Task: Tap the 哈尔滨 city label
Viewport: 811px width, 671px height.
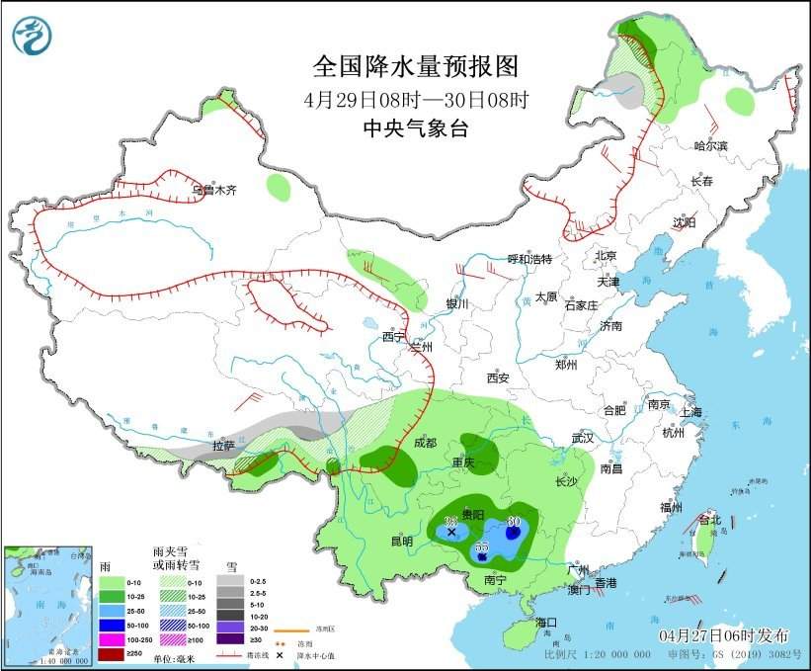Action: (x=709, y=147)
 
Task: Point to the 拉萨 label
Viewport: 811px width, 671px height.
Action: (x=224, y=447)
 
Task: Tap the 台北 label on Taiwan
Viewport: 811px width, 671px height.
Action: (x=709, y=520)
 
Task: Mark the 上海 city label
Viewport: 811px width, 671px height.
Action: (x=689, y=412)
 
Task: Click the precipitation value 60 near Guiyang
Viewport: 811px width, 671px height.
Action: (x=513, y=521)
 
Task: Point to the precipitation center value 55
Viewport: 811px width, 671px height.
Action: (x=482, y=546)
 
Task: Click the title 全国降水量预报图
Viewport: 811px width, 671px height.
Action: (x=415, y=66)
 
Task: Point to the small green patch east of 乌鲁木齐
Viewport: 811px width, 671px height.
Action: (x=280, y=185)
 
